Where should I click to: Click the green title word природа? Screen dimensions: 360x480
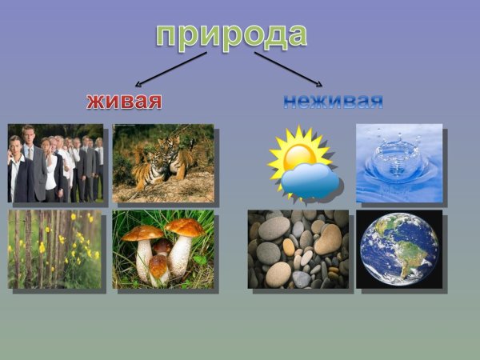231,34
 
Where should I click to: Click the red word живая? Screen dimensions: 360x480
124,101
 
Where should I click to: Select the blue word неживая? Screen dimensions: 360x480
333,101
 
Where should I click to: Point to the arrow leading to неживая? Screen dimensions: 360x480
289,69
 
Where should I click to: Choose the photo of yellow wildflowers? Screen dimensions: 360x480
54,249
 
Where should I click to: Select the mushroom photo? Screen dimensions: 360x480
163,249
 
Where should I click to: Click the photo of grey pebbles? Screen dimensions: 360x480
298,249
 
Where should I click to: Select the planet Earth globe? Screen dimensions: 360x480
398,249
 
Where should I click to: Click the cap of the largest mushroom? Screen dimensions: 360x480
186,228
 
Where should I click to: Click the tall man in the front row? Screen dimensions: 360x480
32,164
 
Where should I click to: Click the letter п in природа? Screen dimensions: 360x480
167,36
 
